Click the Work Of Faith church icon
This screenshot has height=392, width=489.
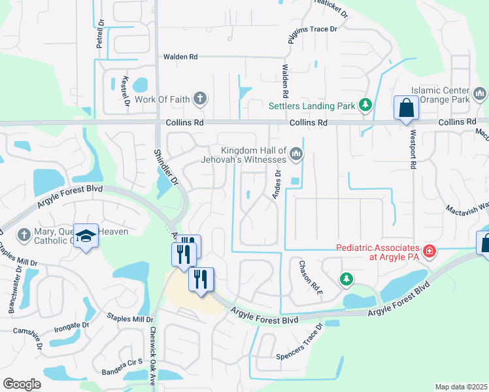(201, 99)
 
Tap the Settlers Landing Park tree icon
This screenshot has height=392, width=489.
(365, 105)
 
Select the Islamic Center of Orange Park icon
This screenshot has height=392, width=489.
(481, 95)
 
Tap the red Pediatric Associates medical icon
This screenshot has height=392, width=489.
(430, 251)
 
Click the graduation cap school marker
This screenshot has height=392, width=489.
(86, 237)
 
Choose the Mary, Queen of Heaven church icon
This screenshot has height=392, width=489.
(24, 234)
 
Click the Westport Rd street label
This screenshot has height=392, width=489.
(413, 151)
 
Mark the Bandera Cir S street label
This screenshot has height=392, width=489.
(122, 367)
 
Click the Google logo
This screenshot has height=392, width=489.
(22, 384)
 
